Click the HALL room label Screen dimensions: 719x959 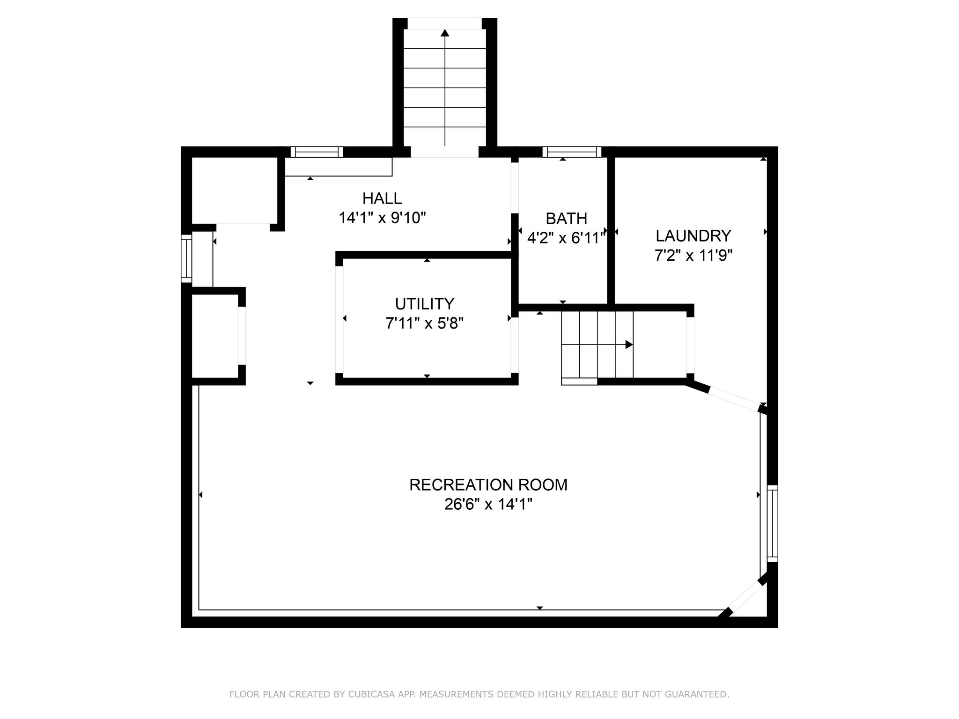click(382, 198)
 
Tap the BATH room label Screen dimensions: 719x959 click(566, 218)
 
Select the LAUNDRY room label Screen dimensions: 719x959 click(693, 235)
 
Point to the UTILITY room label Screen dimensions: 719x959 click(424, 304)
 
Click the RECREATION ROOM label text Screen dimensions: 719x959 click(488, 484)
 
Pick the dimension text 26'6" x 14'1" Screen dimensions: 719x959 click(488, 505)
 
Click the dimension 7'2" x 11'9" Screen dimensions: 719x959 click(693, 256)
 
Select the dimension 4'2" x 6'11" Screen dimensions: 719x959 click(566, 238)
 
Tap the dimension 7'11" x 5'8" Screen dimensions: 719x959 click(424, 323)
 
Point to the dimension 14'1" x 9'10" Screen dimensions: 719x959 click(382, 218)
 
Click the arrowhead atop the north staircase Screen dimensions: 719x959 click(445, 32)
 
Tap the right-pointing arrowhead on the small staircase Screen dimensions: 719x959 click(629, 345)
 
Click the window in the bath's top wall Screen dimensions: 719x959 click(572, 152)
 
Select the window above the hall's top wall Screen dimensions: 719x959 click(317, 152)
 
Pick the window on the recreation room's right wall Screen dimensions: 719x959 click(772, 523)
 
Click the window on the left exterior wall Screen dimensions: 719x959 click(186, 258)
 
